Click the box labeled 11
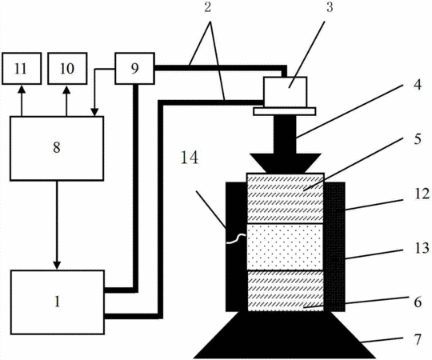(x=22, y=68)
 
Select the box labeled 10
(x=67, y=68)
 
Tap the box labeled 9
(x=134, y=68)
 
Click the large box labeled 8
(x=57, y=149)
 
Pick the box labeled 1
(x=58, y=302)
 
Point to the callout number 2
(x=207, y=7)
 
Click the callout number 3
(x=330, y=7)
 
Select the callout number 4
(x=418, y=85)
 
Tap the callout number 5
(x=418, y=139)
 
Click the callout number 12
(x=422, y=194)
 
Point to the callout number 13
(x=422, y=248)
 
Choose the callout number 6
(x=418, y=302)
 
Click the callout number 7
(x=418, y=339)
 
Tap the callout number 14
(x=190, y=158)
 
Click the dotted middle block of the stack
(x=285, y=246)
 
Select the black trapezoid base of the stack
(x=285, y=334)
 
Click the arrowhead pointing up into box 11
(x=22, y=90)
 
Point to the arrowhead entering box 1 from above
(x=57, y=266)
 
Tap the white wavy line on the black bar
(x=236, y=238)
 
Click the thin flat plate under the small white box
(x=285, y=111)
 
